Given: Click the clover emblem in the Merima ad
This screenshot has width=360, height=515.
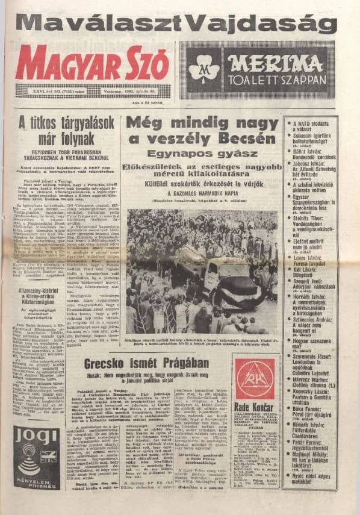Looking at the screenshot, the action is tap(204, 70).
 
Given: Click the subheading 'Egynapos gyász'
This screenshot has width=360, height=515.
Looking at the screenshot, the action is tap(202, 154).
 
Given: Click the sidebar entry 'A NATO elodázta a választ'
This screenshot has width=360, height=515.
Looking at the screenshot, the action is tap(312, 127).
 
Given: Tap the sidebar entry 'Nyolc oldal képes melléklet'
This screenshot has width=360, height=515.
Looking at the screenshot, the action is tap(312, 478).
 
